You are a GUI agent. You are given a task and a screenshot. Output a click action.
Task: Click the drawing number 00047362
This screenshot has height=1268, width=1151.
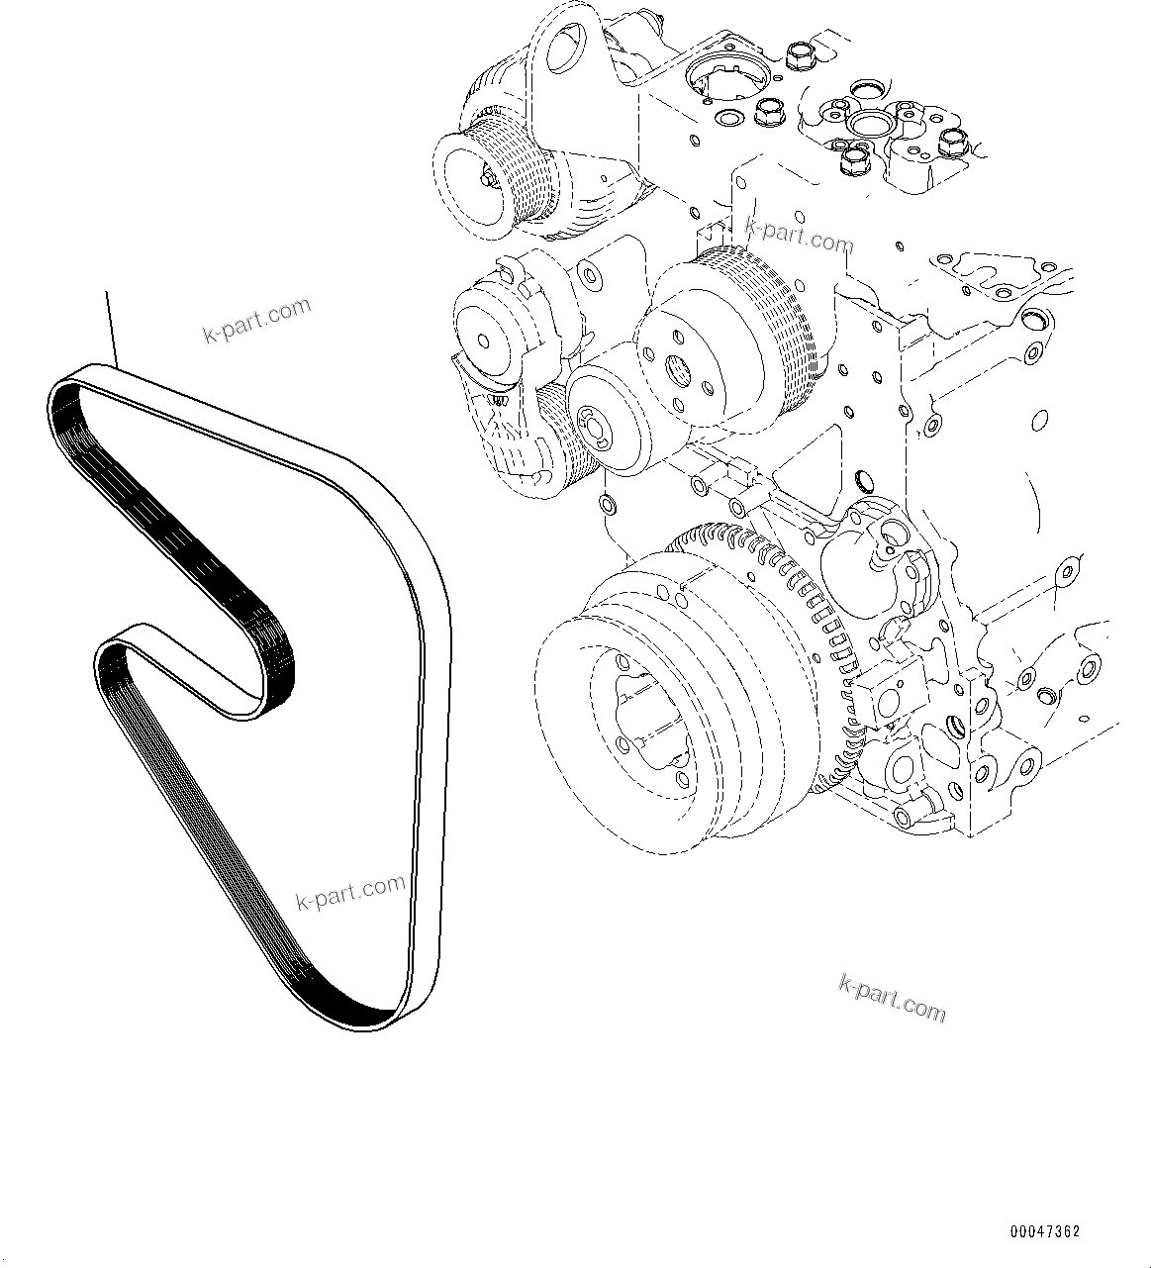pos(1045,1231)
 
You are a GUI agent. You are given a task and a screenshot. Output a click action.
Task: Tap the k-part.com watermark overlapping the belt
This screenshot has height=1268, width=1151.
pos(350,891)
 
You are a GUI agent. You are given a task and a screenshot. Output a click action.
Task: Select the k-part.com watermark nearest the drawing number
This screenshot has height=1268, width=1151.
pos(892,997)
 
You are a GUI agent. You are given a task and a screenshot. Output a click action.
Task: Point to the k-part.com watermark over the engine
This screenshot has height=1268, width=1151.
pos(798,238)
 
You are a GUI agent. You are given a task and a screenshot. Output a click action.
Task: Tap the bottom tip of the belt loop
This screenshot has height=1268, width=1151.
pos(381,1020)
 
